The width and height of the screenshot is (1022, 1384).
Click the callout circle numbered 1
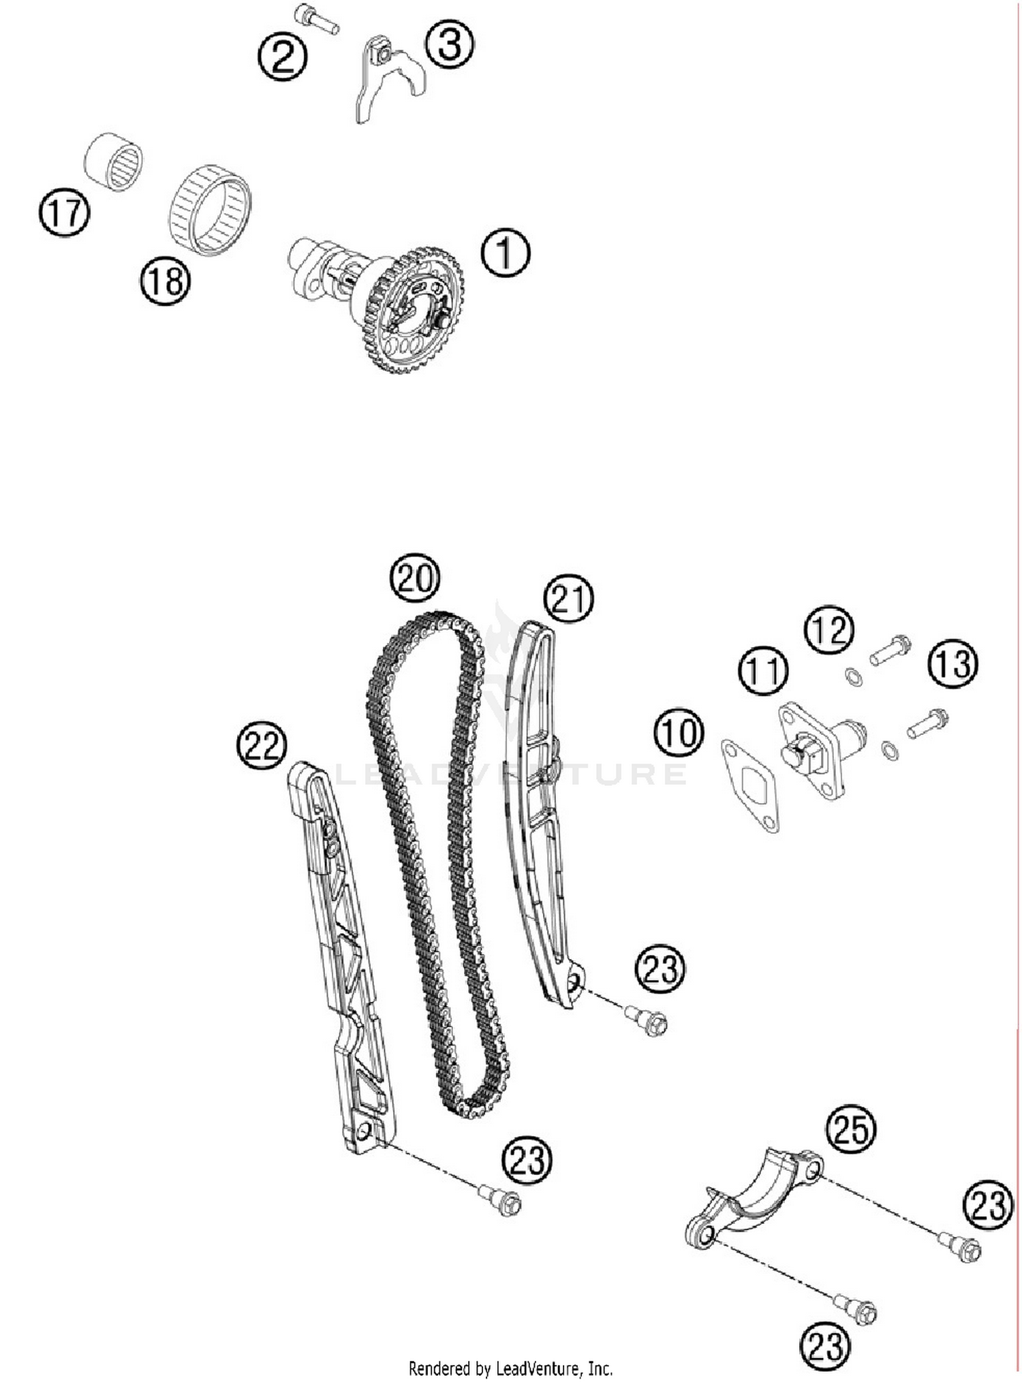505,253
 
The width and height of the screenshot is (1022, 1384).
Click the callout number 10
679,734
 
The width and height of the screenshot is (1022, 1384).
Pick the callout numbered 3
450,44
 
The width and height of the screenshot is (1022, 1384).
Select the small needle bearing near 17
114,161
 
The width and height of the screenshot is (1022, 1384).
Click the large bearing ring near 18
210,210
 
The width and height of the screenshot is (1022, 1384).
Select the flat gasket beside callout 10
750,786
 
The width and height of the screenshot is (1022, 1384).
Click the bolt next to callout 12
891,649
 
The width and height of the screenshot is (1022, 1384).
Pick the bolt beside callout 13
928,723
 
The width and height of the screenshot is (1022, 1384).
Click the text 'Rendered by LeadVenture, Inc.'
510,1368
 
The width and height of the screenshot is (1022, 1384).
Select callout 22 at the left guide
262,745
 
